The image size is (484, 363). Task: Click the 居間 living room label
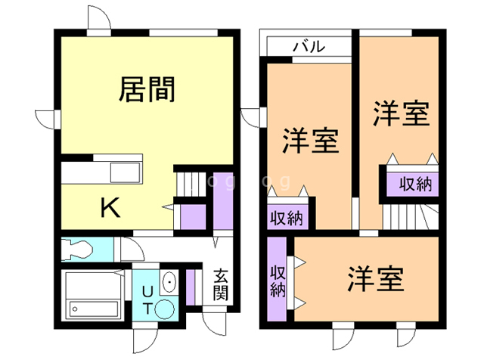[x=147, y=90]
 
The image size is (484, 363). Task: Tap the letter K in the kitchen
[x=110, y=207]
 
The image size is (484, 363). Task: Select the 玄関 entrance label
[x=220, y=285]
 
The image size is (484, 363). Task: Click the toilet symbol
[x=79, y=247]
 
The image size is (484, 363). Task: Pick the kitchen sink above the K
[x=126, y=172]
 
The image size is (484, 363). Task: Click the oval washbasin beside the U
[x=168, y=282]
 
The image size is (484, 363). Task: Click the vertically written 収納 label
[x=277, y=280]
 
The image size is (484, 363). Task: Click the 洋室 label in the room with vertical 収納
[x=375, y=279]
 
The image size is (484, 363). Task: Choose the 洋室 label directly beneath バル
[x=310, y=141]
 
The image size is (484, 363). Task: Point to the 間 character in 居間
[x=162, y=90]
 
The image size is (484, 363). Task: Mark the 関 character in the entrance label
[x=220, y=293]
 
